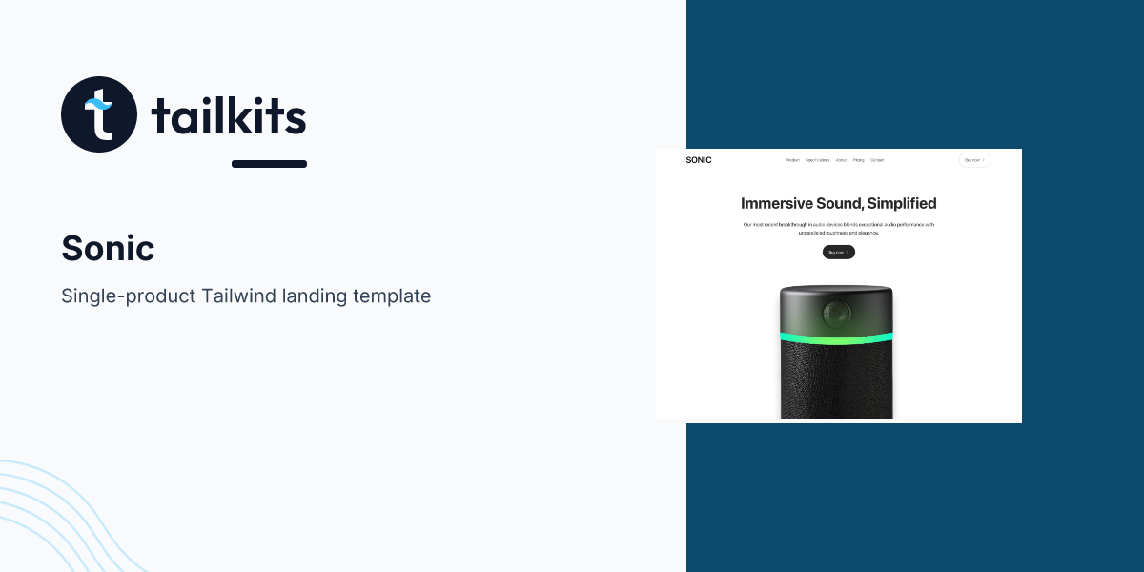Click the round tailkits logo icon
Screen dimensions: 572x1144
pyautogui.click(x=99, y=114)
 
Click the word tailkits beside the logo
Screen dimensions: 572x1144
pyautogui.click(x=229, y=117)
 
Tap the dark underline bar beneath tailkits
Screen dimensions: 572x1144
pyautogui.click(x=269, y=164)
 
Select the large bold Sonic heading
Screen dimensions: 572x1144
pyautogui.click(x=108, y=249)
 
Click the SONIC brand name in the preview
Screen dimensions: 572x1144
pyautogui.click(x=699, y=160)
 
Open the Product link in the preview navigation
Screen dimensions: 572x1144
pyautogui.click(x=793, y=160)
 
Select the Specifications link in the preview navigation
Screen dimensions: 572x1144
pyautogui.click(x=817, y=160)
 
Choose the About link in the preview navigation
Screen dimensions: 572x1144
pyautogui.click(x=841, y=160)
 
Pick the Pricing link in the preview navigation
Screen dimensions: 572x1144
pyautogui.click(x=859, y=160)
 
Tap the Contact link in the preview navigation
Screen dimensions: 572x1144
pyautogui.click(x=877, y=160)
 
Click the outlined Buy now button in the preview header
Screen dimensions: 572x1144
pyautogui.click(x=974, y=160)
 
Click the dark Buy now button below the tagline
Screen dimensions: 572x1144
pyautogui.click(x=839, y=253)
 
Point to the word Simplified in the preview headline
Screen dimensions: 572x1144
pyautogui.click(x=902, y=203)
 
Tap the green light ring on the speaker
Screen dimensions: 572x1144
pyautogui.click(x=836, y=337)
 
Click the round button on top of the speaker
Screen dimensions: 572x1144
pyautogui.click(x=837, y=311)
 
